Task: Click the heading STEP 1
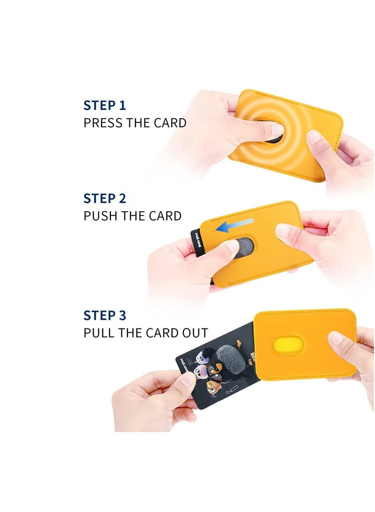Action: pos(105,105)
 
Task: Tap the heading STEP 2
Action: pos(105,199)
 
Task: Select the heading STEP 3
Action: pos(105,315)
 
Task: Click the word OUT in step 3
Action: pos(195,333)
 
